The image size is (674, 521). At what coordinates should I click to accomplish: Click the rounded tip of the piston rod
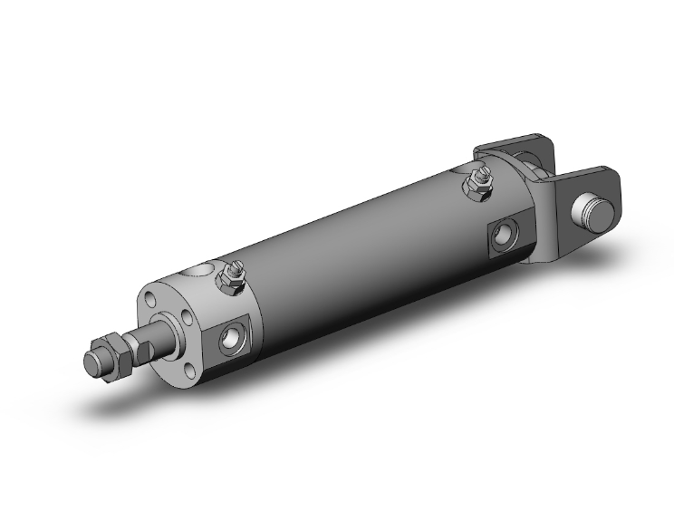click(91, 363)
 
